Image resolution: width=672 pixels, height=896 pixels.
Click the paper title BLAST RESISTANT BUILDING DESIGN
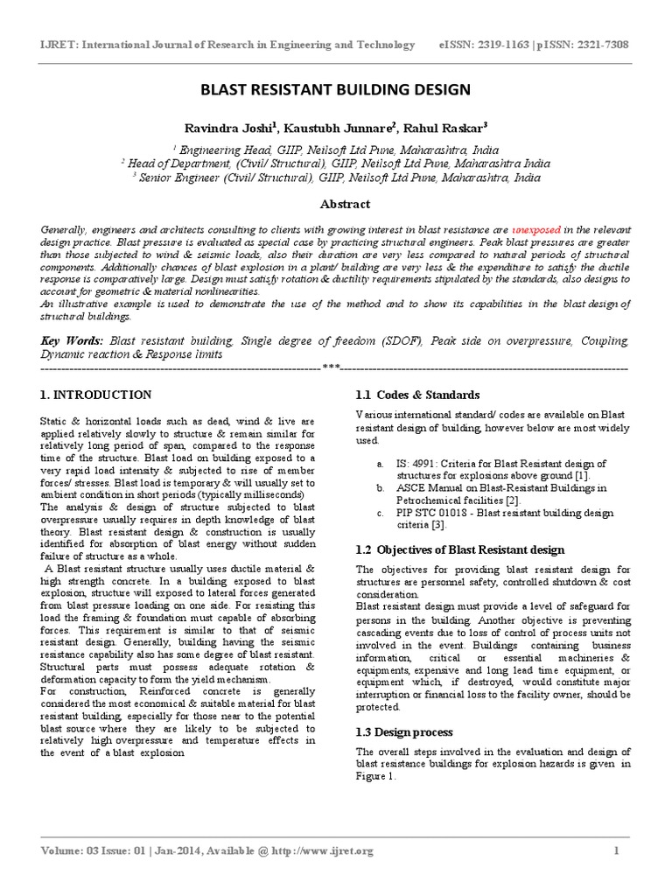[336, 89]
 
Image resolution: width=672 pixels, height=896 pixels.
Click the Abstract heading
[336, 204]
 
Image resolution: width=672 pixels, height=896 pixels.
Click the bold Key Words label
[73, 338]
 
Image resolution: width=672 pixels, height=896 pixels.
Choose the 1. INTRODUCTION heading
[95, 395]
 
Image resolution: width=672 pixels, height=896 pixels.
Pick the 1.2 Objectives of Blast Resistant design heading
[460, 549]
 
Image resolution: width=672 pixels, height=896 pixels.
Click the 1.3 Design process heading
[403, 732]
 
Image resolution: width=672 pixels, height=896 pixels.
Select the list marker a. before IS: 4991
[380, 463]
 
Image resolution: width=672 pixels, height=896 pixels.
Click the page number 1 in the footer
[616, 850]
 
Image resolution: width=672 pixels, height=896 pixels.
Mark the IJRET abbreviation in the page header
[56, 45]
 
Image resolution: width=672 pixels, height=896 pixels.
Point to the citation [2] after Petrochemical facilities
[512, 500]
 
